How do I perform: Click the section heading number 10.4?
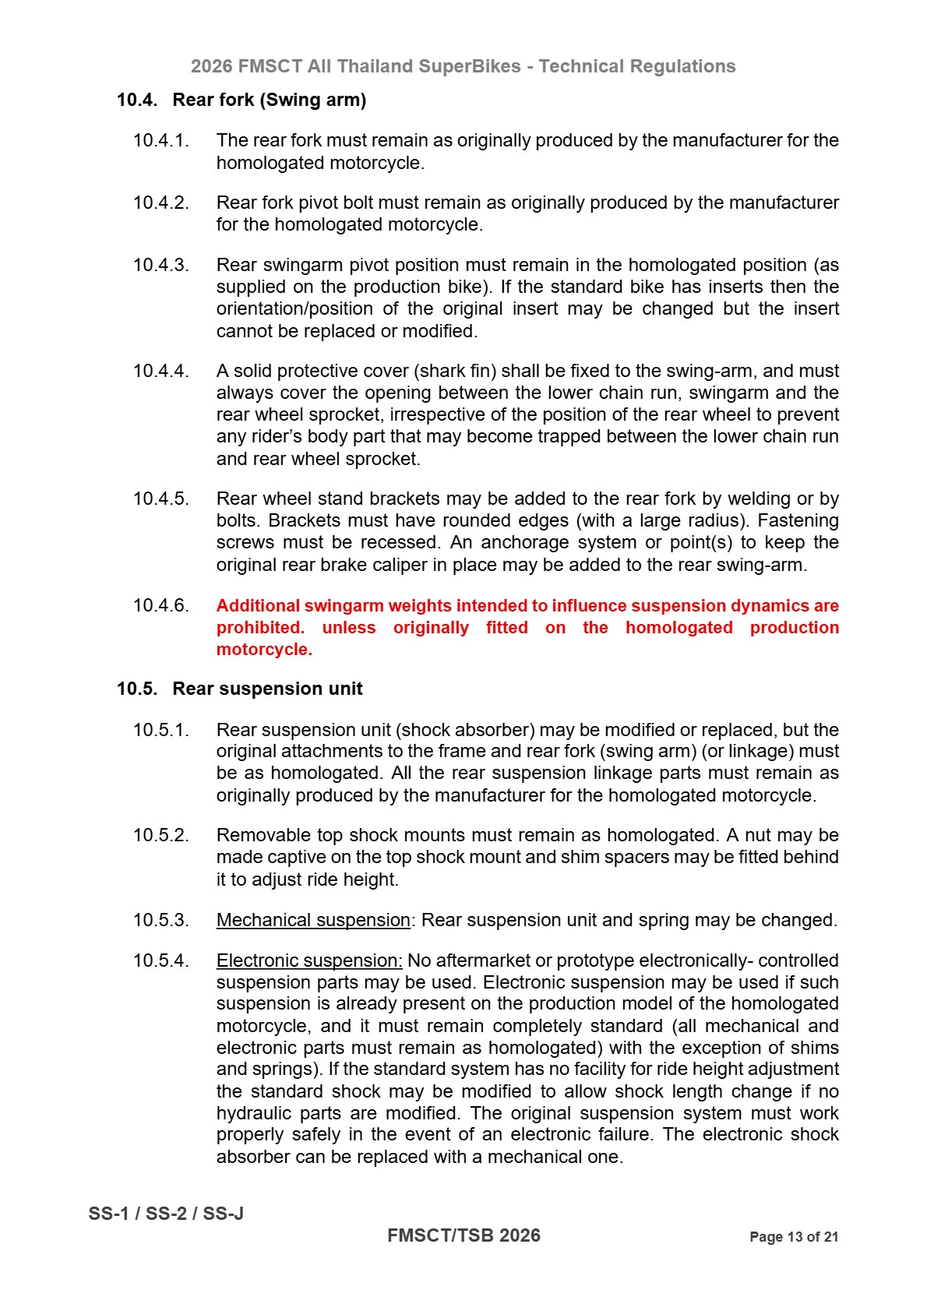click(136, 100)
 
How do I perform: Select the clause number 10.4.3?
click(160, 265)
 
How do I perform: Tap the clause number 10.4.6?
click(160, 605)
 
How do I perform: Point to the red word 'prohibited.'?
click(260, 628)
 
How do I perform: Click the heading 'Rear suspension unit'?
click(267, 689)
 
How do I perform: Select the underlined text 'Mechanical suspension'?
click(312, 920)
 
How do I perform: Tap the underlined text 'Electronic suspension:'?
click(308, 960)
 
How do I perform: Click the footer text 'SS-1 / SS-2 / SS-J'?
click(166, 1214)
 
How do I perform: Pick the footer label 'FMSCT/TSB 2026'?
click(463, 1235)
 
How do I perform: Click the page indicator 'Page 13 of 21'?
click(793, 1237)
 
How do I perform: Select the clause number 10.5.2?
click(160, 835)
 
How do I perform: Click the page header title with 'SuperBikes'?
click(463, 66)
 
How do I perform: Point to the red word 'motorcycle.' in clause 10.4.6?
click(264, 650)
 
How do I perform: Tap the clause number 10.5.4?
click(160, 960)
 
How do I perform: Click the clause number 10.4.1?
click(160, 140)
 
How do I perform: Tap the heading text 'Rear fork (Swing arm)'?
click(269, 100)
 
